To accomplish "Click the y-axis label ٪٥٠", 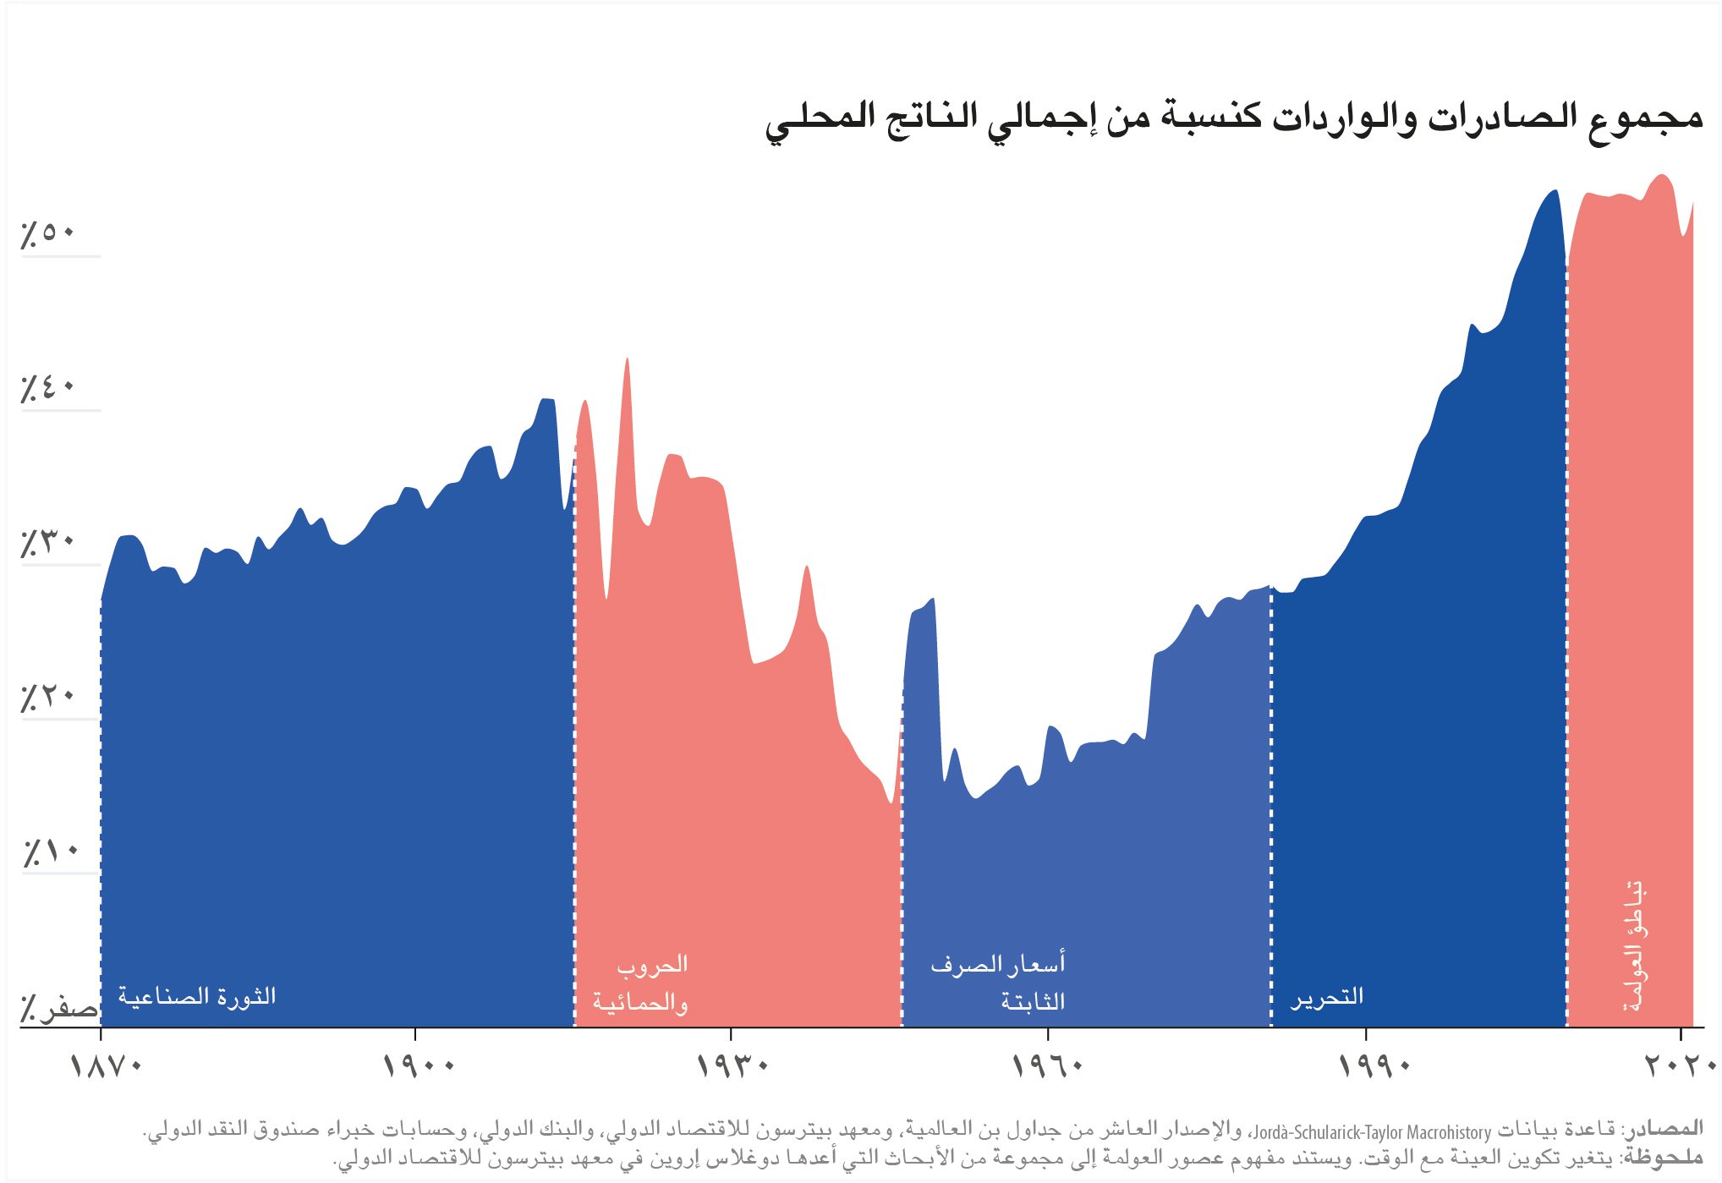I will (47, 232).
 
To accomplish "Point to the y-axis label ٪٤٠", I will (47, 387).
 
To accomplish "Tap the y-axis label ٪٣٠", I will (47, 541).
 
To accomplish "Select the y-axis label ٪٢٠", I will (47, 696).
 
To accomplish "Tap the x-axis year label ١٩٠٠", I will (419, 1065).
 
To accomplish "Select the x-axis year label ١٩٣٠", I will (732, 1065).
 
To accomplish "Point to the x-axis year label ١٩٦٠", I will (1048, 1065).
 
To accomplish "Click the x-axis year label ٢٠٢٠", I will (1679, 1065).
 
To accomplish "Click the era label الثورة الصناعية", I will (197, 995).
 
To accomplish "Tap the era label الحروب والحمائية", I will (641, 983).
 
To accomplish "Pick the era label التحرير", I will (1326, 997).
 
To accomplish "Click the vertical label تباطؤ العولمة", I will (1635, 947).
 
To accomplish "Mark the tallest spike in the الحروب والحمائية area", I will (627, 360).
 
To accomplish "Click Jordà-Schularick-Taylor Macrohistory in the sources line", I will (1371, 1131).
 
